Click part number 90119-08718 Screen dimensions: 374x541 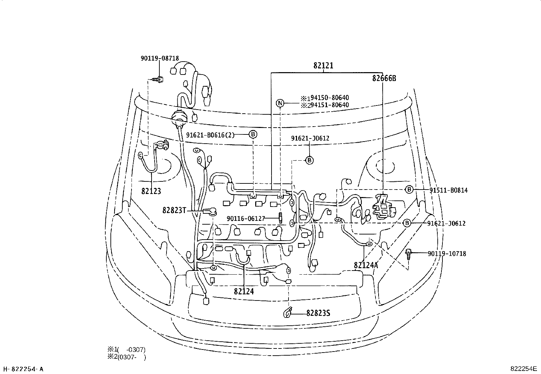tap(160, 59)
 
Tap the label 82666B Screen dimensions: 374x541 tap(384, 78)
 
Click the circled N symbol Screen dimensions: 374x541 tap(280, 103)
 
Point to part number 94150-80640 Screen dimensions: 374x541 tap(327, 98)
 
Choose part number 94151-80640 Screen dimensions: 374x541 tap(327, 105)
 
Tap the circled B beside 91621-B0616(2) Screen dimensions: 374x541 tap(253, 134)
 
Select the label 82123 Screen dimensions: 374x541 tap(151, 191)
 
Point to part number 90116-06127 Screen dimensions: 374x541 tap(246, 218)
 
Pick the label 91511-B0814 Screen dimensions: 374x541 tap(448, 190)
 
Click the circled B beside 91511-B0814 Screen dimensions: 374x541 tap(409, 190)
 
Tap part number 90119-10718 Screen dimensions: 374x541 tap(447, 254)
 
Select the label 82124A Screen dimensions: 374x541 tap(366, 265)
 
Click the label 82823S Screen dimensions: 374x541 tap(318, 313)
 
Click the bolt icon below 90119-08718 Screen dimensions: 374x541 tap(158, 80)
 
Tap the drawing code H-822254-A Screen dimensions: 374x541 tap(23, 369)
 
